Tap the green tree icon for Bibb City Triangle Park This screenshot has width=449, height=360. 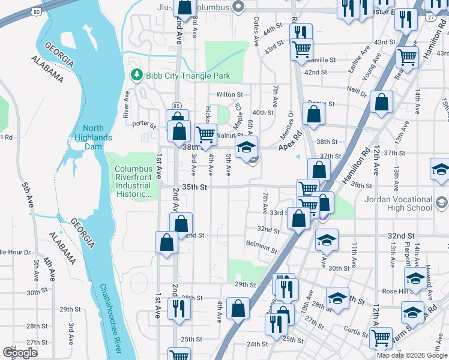(137, 76)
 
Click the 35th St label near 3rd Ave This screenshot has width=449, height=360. (195, 187)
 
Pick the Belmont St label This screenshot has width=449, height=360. (261, 244)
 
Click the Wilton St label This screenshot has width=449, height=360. (229, 95)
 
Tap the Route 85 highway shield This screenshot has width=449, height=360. (176, 106)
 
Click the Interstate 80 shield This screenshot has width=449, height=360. (37, 11)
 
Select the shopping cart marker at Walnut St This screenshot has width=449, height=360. (206, 134)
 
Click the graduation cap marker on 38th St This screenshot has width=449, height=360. (246, 146)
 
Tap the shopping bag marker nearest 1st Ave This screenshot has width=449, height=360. (166, 242)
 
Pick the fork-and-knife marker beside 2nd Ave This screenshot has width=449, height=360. (178, 308)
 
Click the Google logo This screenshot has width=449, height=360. (20, 353)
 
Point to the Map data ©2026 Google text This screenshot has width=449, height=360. (412, 355)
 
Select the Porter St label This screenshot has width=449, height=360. (143, 125)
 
